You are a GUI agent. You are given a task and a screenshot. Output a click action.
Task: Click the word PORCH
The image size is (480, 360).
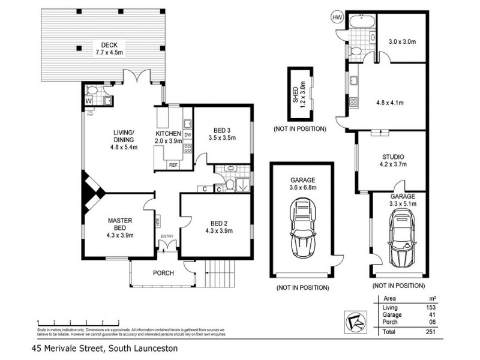[x=163, y=273]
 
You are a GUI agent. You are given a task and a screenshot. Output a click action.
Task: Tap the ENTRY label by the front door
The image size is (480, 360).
[x=166, y=236]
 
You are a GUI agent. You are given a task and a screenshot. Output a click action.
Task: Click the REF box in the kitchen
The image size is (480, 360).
[x=173, y=164]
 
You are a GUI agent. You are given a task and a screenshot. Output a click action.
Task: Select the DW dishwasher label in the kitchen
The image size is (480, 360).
[x=188, y=135]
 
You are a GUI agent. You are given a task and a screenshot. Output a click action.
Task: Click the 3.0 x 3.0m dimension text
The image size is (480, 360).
[x=401, y=41]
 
